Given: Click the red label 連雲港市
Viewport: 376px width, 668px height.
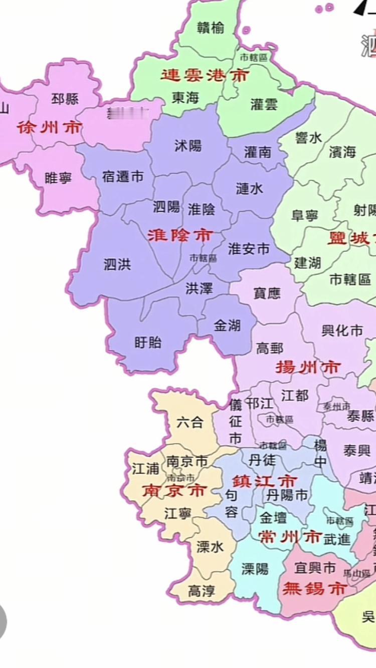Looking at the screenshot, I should coord(205,76).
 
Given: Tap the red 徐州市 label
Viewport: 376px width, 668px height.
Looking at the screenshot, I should coord(49,127).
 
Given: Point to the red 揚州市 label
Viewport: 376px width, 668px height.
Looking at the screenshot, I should coord(308,368).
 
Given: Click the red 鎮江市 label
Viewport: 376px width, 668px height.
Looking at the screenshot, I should coord(265,482).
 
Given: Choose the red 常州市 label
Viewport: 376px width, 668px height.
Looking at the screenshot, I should coord(289,537).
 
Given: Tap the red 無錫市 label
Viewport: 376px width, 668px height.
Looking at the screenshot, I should coord(314,588).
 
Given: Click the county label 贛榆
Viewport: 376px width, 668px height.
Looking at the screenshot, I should coord(211,28).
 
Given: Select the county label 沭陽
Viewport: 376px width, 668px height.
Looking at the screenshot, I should coord(188,146).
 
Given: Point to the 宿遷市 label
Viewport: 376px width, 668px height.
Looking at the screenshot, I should coord(122,176).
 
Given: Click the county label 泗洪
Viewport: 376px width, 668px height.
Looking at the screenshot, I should coord(117,264).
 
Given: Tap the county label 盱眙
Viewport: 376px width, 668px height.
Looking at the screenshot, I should coord(148,343).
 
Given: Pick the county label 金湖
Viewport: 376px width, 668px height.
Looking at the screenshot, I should coord(227,326).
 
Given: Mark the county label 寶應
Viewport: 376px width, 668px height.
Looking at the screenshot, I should coord(268,293).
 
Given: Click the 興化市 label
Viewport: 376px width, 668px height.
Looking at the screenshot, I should coord(342,330).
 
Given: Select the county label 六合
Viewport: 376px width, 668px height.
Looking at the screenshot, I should coord(190,422).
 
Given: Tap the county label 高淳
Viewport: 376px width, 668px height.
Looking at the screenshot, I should coord(201,591).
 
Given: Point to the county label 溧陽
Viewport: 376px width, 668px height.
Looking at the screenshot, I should coord(255,569).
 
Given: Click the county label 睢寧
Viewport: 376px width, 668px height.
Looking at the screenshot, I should coord(58,177).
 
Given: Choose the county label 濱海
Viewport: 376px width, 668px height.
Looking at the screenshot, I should coord(342,152).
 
